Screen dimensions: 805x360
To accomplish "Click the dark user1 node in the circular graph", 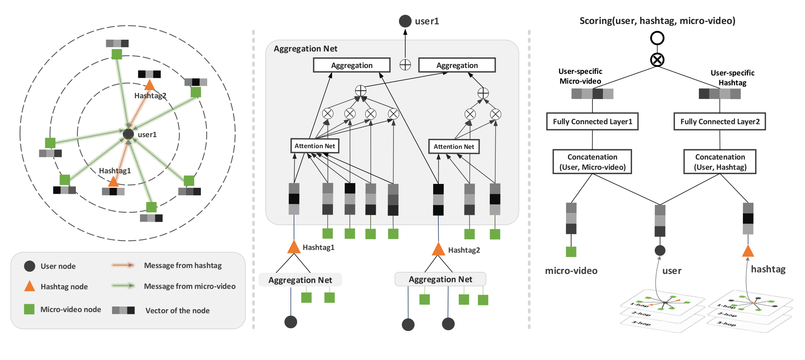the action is point(128,134).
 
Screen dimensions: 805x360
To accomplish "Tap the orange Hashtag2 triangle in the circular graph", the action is point(149,85).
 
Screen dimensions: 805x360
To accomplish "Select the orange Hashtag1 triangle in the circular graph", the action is point(113,182).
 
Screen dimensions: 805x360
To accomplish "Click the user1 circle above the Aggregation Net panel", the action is point(405,21).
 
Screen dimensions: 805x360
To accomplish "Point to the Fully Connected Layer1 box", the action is point(592,121).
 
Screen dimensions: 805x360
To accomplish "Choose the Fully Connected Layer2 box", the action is point(720,121).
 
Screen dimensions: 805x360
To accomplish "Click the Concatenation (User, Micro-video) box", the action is point(592,162).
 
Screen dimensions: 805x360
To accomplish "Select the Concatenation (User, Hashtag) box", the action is point(720,162).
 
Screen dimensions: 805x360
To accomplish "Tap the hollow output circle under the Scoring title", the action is point(657,38).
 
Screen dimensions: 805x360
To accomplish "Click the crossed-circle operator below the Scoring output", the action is point(657,60).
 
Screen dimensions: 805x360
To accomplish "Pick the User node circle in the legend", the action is point(29,266).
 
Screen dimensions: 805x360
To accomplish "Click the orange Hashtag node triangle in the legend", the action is point(29,286).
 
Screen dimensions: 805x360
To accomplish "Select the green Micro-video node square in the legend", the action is point(29,309).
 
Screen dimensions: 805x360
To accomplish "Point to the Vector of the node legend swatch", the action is point(123,310).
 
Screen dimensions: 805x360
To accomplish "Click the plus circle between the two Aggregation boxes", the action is point(405,65).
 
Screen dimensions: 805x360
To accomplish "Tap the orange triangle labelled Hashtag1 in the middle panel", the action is point(294,247).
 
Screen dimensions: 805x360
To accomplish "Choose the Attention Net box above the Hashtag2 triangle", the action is point(454,147).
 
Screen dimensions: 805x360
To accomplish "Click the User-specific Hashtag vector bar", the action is point(720,94).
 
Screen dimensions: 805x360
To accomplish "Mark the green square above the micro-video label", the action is point(571,252).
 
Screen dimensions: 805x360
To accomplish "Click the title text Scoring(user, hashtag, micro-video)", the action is point(657,21).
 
